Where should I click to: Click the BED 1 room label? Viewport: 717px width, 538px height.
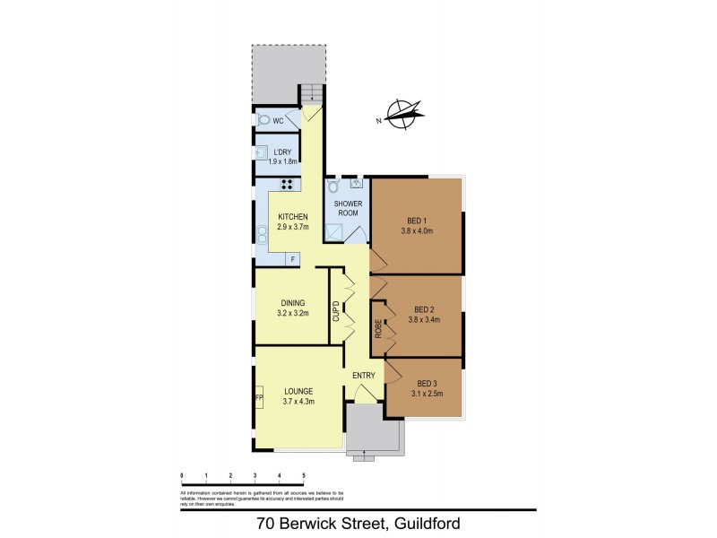(417, 221)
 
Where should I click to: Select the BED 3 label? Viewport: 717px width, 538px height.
(424, 382)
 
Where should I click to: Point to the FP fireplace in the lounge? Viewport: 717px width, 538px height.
(259, 397)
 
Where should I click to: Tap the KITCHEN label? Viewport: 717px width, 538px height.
(293, 218)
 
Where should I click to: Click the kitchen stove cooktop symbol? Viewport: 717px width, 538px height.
(289, 185)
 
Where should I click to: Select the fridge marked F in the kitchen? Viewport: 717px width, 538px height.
(291, 259)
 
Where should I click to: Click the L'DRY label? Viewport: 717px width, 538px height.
(282, 152)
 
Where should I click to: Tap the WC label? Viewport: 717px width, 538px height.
(279, 121)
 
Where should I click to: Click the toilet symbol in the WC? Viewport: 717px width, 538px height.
(263, 119)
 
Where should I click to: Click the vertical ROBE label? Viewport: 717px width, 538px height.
(379, 328)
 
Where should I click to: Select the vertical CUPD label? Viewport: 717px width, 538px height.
(336, 312)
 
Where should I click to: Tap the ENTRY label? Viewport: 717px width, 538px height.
(363, 375)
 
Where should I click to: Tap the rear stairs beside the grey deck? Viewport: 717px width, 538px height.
(310, 92)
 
